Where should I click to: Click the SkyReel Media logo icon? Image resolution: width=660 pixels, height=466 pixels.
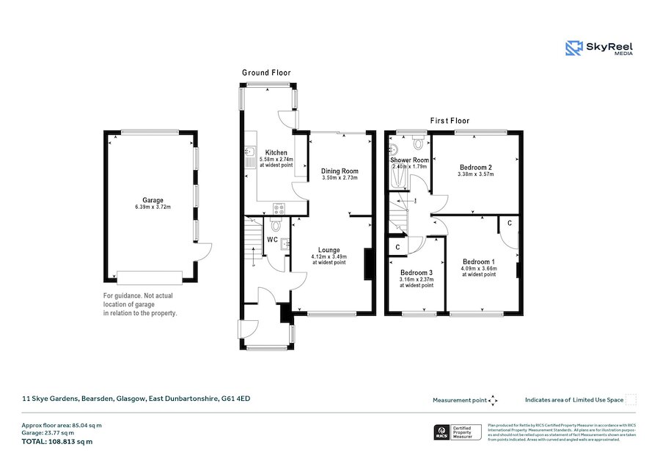pyautogui.click(x=573, y=48)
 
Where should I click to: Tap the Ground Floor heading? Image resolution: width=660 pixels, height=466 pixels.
pyautogui.click(x=266, y=73)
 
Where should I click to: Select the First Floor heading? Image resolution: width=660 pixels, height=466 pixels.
pyautogui.click(x=449, y=121)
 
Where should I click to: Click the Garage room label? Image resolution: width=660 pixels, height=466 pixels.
pyautogui.click(x=153, y=200)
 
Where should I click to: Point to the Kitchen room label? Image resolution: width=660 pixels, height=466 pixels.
pyautogui.click(x=276, y=152)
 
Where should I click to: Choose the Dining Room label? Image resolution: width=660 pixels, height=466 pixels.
pyautogui.click(x=340, y=171)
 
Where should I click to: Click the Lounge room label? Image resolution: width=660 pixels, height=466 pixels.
pyautogui.click(x=329, y=250)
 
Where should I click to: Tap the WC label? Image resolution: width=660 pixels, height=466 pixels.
pyautogui.click(x=272, y=240)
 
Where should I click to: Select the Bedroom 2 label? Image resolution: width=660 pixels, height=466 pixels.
pyautogui.click(x=475, y=167)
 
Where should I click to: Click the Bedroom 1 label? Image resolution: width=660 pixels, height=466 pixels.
pyautogui.click(x=479, y=262)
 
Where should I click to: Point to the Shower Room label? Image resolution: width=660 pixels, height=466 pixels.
pyautogui.click(x=409, y=160)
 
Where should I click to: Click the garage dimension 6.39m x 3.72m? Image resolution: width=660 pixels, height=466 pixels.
pyautogui.click(x=153, y=207)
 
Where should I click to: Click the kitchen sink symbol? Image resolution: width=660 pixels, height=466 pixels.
pyautogui.click(x=250, y=153)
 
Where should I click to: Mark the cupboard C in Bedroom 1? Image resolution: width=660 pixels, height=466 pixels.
pyautogui.click(x=509, y=223)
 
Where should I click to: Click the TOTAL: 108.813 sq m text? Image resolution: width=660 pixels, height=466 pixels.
pyautogui.click(x=57, y=442)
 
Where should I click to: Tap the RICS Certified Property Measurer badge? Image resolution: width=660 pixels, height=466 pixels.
pyautogui.click(x=459, y=432)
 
